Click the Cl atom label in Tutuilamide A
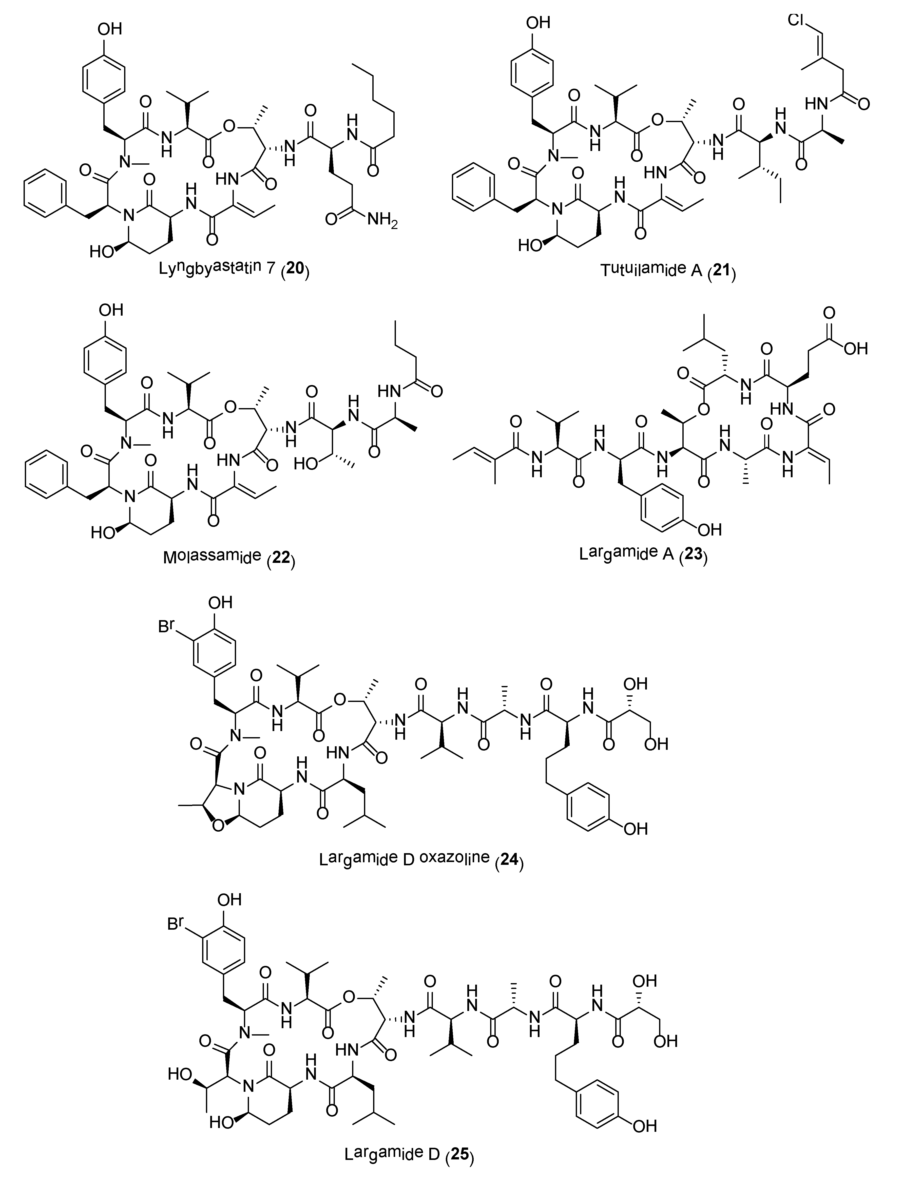797,21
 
